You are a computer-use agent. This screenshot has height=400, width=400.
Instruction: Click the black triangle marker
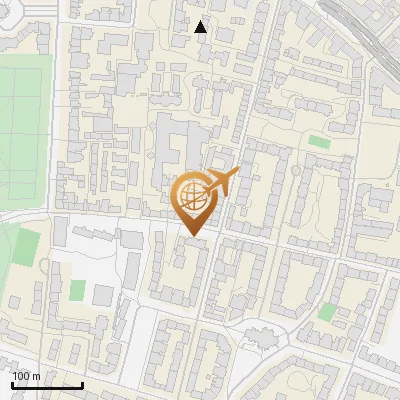click(201, 27)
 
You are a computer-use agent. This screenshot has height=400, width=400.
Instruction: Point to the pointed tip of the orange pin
click(192, 236)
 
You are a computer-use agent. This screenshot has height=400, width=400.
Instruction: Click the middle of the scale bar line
click(47, 384)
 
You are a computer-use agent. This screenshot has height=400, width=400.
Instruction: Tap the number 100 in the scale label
click(21, 376)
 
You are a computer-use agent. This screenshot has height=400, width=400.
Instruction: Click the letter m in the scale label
click(36, 376)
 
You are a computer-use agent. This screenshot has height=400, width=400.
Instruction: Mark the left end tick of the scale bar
click(12, 383)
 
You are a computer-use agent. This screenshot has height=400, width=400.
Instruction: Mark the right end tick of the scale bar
click(82, 383)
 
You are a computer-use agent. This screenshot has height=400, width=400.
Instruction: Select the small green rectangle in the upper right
click(319, 142)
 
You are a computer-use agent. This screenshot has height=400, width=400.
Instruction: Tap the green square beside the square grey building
click(77, 290)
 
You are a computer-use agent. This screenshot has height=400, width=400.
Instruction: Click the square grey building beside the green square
click(103, 295)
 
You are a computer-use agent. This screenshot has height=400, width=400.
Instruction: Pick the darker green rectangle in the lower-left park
click(27, 245)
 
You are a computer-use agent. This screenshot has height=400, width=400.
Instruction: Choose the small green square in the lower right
click(326, 312)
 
